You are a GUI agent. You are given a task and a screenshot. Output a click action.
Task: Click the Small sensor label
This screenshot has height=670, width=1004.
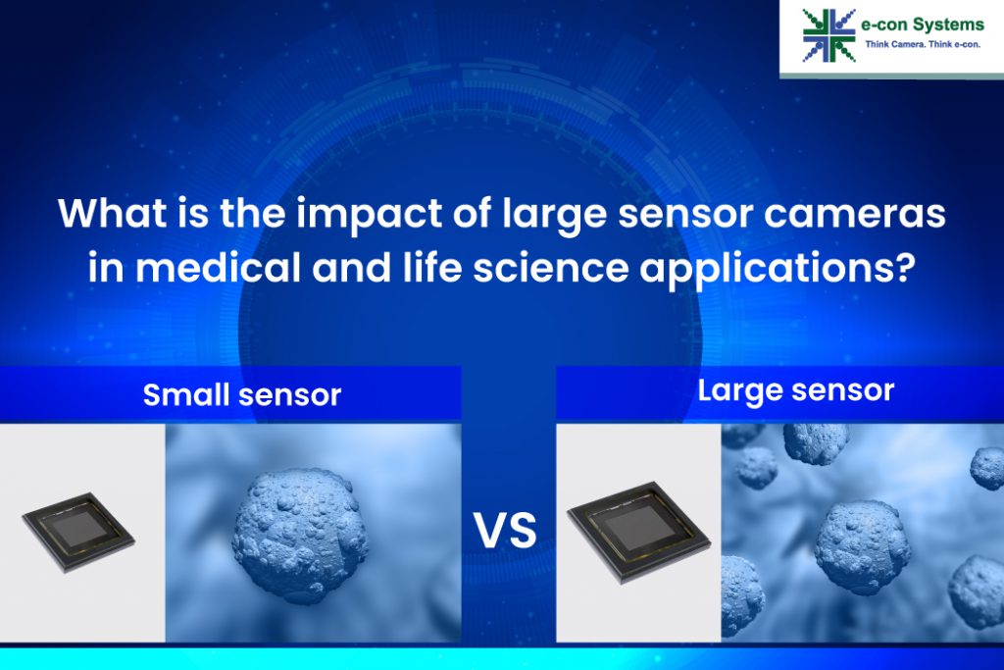pos(241,395)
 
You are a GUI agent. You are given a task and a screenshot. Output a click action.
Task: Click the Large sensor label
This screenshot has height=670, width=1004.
pos(795,390)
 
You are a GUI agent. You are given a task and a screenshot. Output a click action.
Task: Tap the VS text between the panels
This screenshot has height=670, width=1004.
pos(506,531)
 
